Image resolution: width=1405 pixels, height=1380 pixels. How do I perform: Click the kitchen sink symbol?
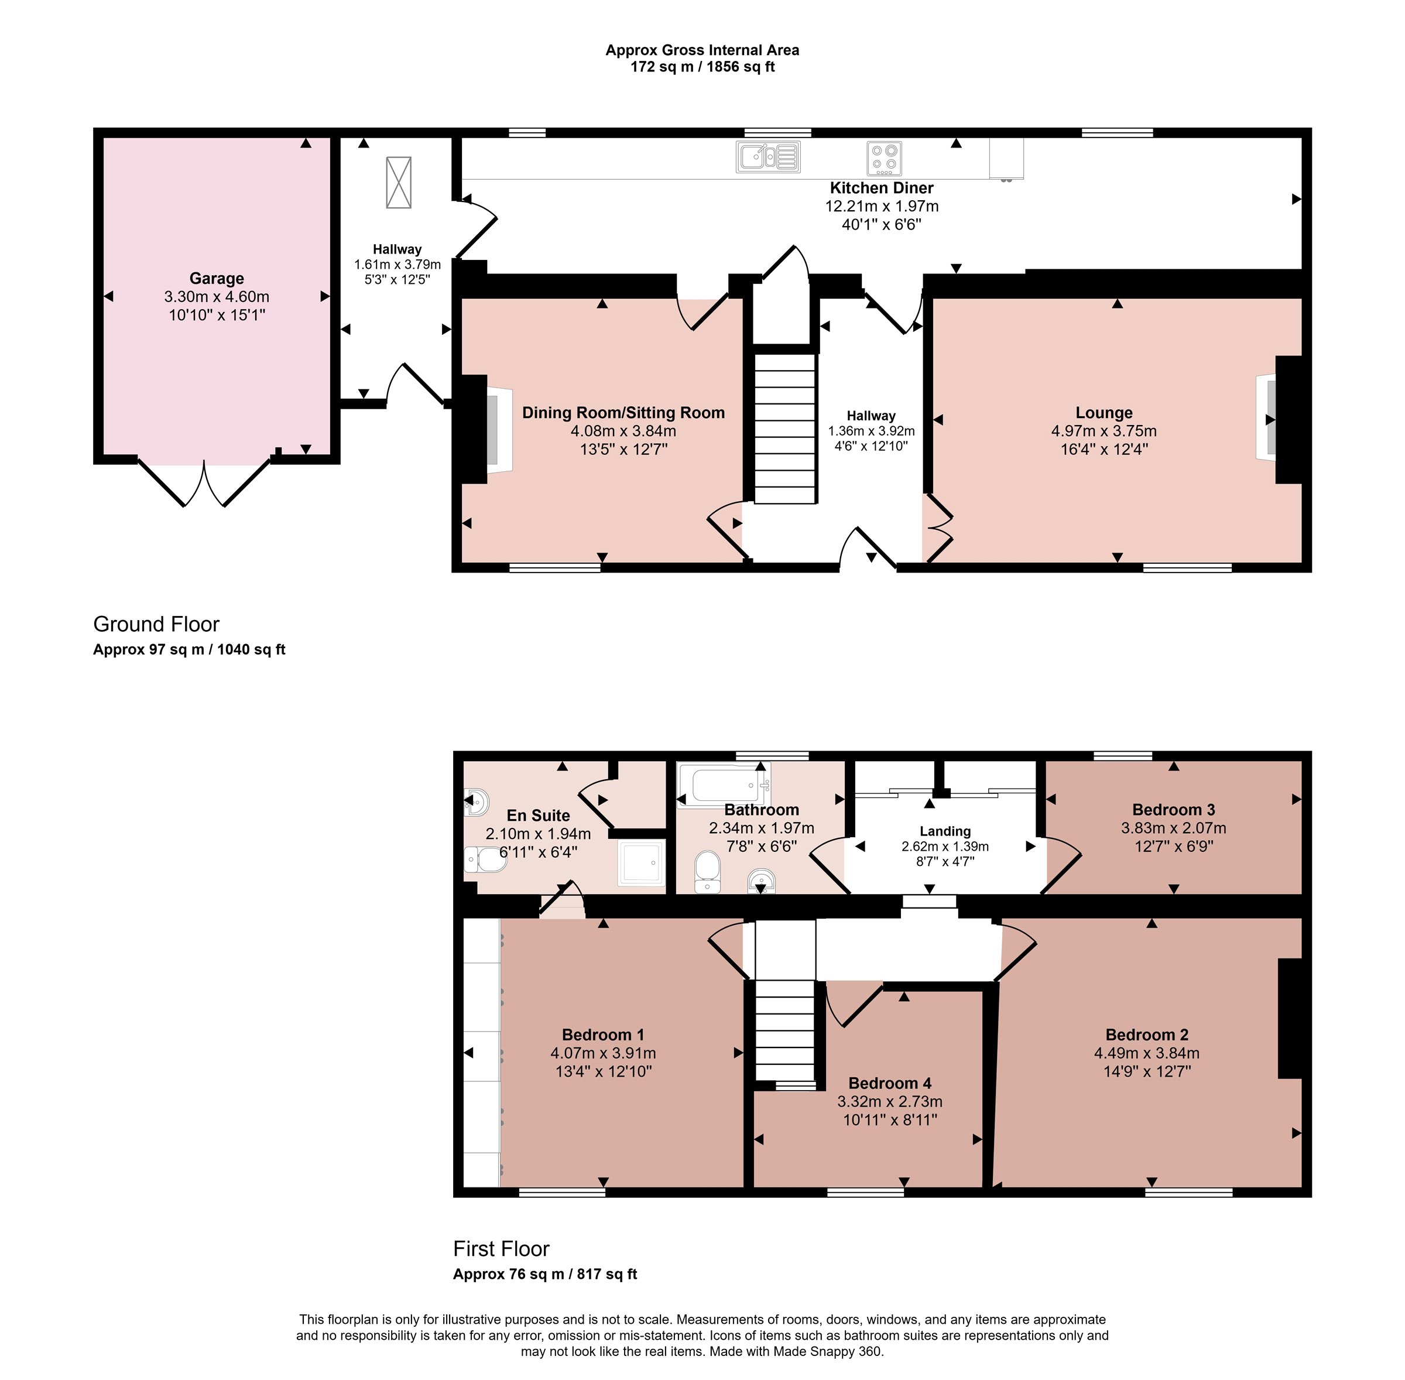(768, 156)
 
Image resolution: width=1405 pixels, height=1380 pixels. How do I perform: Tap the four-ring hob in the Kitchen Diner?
(884, 158)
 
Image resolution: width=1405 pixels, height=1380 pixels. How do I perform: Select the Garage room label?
(217, 278)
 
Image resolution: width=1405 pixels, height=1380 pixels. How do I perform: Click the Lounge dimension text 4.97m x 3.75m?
(1104, 430)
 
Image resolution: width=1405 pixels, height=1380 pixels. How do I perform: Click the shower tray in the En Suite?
(641, 862)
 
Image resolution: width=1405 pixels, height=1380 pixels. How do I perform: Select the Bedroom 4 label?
(890, 1083)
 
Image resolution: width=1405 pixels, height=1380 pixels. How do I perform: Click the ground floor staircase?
(786, 427)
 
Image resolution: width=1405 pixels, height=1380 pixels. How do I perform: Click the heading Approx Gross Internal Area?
(702, 50)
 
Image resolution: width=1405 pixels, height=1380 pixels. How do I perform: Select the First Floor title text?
(502, 1249)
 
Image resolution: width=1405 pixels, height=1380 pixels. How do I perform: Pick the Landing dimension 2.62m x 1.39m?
(945, 847)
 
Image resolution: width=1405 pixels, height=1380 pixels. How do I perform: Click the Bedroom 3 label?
(1174, 810)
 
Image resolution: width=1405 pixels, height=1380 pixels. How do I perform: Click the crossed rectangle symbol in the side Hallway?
(399, 183)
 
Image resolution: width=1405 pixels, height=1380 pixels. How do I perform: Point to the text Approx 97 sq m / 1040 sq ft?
(189, 649)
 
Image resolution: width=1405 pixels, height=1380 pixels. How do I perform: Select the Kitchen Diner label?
(882, 188)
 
